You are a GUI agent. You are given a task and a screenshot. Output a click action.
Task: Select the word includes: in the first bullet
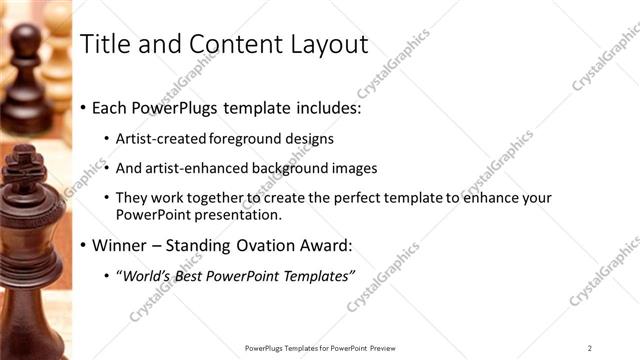(320, 107)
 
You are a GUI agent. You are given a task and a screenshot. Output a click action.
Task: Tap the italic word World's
(147, 275)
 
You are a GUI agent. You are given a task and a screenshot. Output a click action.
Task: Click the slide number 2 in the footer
(589, 348)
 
